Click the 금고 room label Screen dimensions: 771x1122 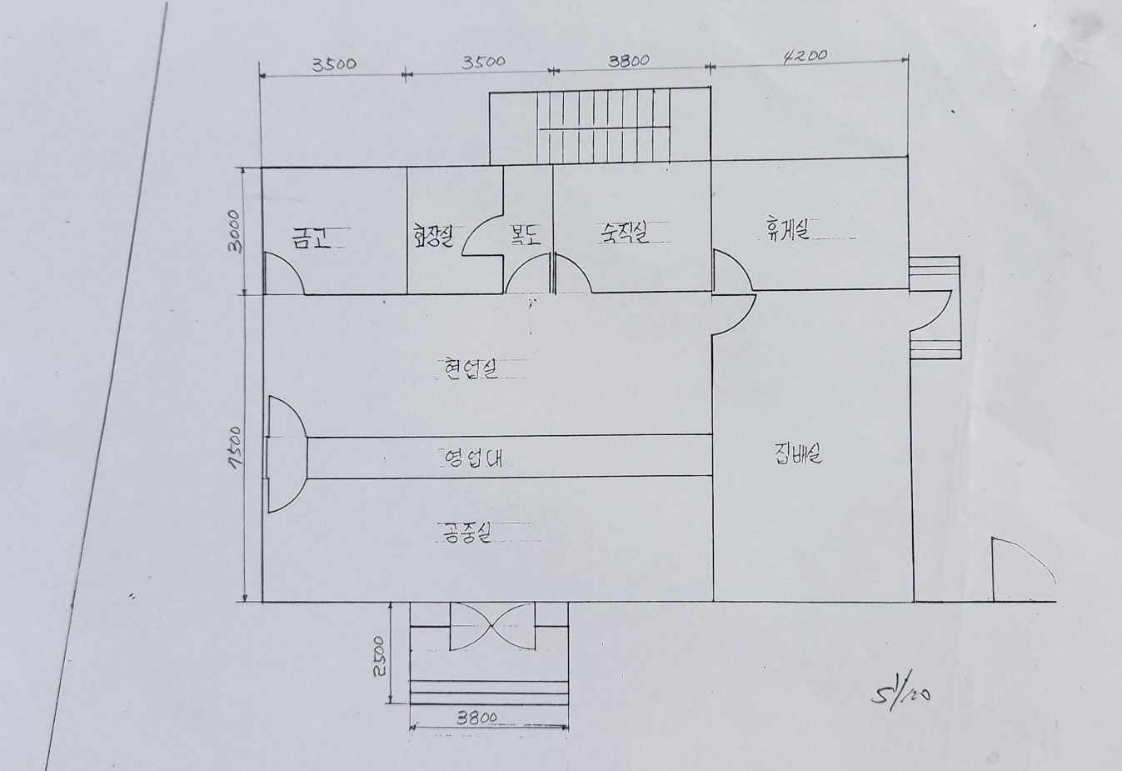tap(311, 238)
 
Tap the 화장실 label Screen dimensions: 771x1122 tap(432, 237)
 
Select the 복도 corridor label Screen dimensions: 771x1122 tap(526, 235)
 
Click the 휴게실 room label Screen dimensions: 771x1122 tap(788, 228)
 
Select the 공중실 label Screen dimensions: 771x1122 tap(466, 532)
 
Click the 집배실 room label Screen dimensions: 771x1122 tap(798, 454)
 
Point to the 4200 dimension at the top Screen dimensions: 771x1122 tap(805, 56)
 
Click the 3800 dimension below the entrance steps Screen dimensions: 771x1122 tap(477, 717)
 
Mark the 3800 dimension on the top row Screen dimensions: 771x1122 tap(629, 60)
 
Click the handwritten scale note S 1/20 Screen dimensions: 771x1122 tap(899, 692)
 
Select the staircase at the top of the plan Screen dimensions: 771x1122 tap(600, 128)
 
